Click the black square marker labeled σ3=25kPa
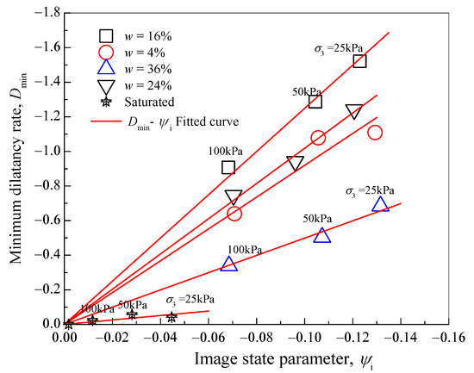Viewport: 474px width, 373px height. (359, 61)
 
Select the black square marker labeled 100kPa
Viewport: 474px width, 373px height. (228, 167)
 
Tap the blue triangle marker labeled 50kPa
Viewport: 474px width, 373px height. (322, 235)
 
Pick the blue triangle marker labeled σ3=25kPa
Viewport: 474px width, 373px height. (381, 204)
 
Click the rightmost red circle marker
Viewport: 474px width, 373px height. (375, 133)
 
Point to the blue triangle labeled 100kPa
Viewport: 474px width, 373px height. (228, 264)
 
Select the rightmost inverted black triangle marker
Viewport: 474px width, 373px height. (354, 112)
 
